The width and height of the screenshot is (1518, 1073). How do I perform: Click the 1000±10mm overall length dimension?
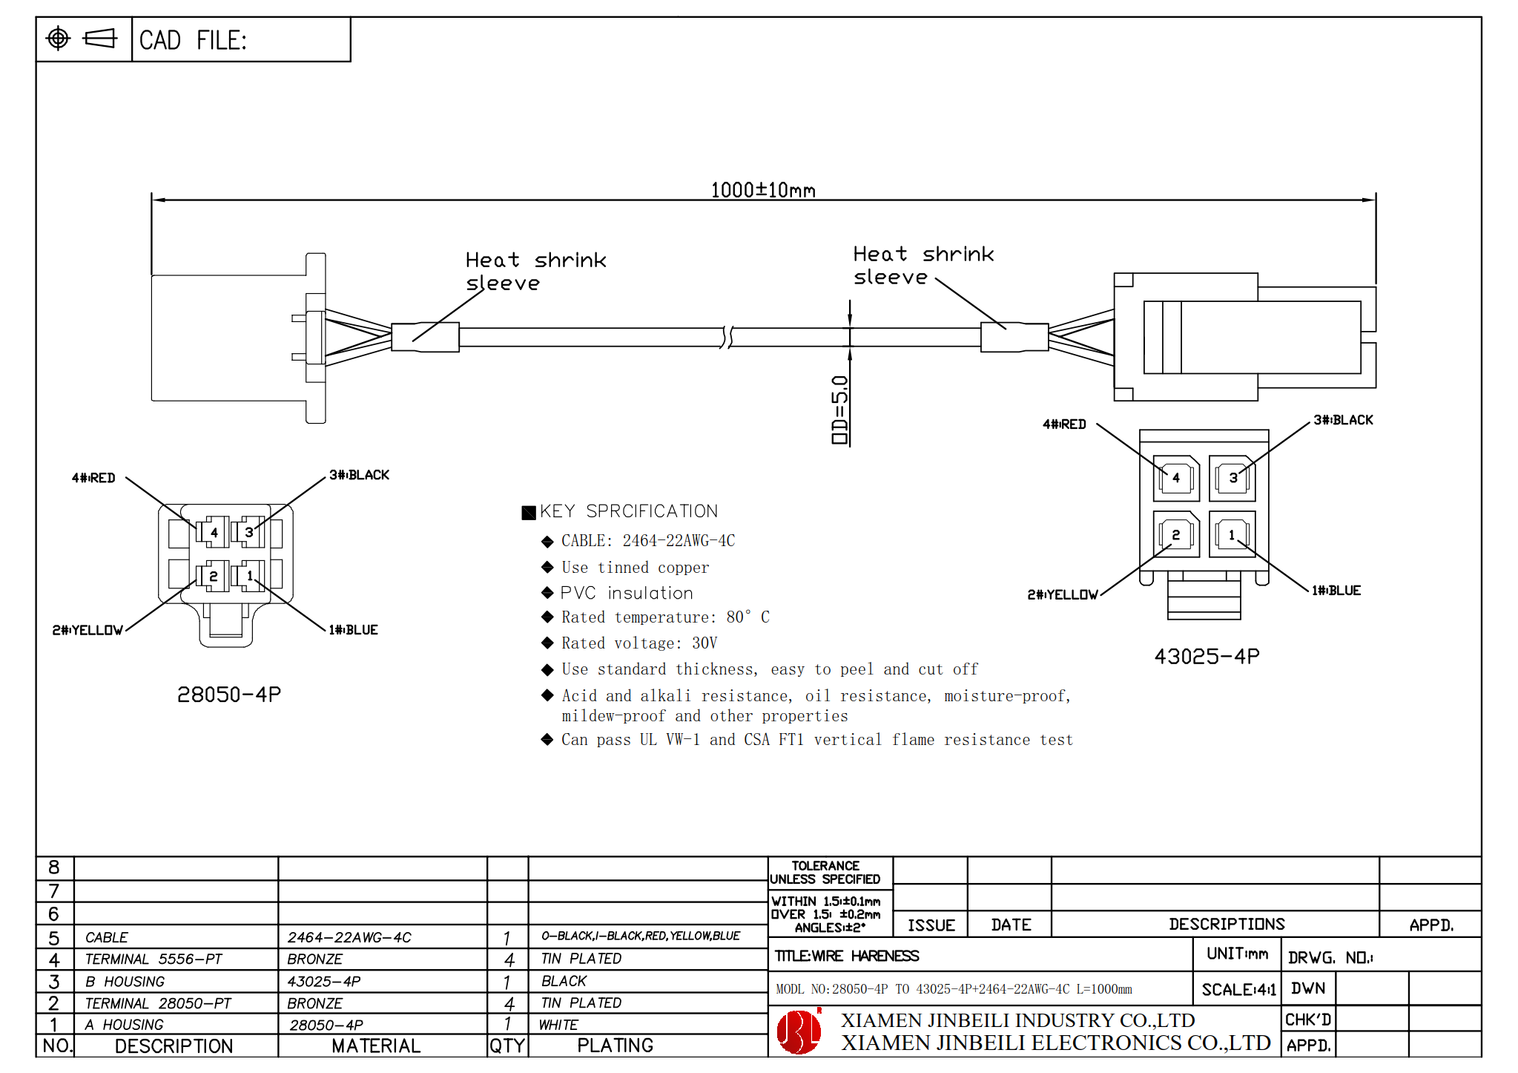click(x=763, y=190)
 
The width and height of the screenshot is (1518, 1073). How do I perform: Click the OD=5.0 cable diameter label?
click(x=839, y=410)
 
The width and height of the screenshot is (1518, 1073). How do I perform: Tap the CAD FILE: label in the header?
click(x=193, y=40)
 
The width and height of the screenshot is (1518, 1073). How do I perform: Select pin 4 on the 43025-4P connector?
click(x=1176, y=478)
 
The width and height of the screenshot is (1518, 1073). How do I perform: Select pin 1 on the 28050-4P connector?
click(x=250, y=576)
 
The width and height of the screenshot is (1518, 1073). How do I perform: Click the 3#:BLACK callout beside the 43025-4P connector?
click(x=1343, y=420)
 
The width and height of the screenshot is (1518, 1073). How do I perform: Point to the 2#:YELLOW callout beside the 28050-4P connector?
click(x=88, y=630)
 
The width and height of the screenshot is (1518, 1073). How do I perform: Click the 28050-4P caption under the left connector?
click(x=229, y=695)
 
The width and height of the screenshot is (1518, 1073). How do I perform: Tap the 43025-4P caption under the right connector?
click(x=1207, y=657)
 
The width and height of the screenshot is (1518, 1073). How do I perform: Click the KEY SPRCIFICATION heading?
click(x=629, y=511)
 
